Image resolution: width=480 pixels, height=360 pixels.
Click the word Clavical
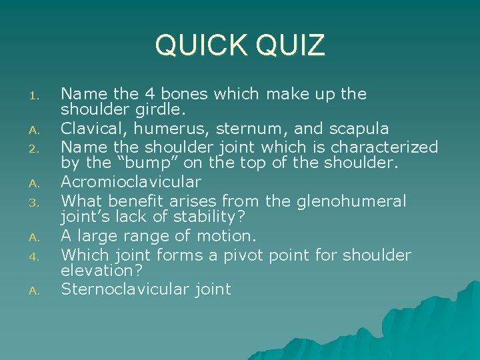pyautogui.click(x=89, y=129)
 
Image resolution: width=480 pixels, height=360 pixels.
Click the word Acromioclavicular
pyautogui.click(x=131, y=182)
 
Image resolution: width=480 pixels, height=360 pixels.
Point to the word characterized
pyautogui.click(x=385, y=147)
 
